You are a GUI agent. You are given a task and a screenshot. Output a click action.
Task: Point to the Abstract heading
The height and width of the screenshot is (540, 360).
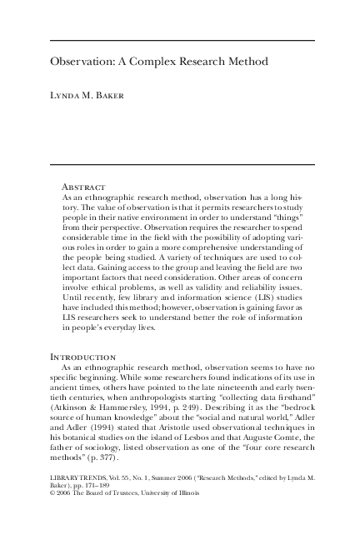coord(83,187)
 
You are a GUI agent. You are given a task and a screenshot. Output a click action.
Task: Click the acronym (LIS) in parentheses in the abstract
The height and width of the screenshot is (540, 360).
coord(225,283)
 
